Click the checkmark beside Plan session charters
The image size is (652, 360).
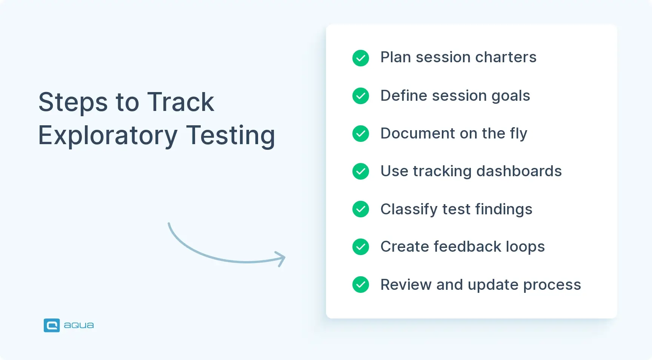(x=361, y=58)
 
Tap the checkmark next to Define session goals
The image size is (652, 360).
(x=361, y=96)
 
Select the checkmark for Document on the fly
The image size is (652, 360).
(x=361, y=134)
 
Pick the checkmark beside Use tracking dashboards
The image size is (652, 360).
(x=361, y=171)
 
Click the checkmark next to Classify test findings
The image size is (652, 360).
(x=361, y=209)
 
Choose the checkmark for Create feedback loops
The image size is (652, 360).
(x=361, y=247)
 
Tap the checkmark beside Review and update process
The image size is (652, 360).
(x=361, y=285)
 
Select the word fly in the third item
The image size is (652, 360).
(x=518, y=134)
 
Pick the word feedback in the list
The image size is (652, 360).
(x=467, y=247)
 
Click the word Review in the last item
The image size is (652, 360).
(x=406, y=285)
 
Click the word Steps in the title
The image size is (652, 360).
(x=73, y=103)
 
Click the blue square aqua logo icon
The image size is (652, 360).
(x=52, y=325)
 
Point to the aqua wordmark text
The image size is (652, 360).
(x=79, y=325)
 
